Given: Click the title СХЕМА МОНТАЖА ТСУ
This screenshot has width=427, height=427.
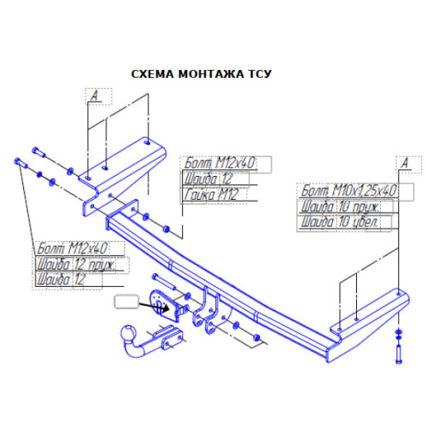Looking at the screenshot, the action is (x=202, y=74).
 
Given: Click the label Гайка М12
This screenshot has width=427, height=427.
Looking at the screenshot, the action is (x=211, y=195).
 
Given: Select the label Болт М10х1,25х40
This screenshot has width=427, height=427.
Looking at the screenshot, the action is (x=348, y=190).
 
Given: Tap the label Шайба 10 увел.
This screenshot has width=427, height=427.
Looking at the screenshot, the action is (x=339, y=222).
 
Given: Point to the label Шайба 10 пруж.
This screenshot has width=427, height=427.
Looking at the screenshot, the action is (x=340, y=206).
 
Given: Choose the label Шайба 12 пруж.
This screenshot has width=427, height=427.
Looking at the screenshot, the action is (x=76, y=264).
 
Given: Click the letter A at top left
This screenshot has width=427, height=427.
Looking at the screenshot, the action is (x=94, y=96).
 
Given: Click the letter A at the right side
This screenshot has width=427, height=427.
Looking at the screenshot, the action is (x=405, y=163).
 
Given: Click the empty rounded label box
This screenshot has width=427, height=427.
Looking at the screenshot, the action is (x=126, y=301).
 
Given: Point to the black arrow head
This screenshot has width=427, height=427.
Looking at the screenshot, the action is (x=166, y=307).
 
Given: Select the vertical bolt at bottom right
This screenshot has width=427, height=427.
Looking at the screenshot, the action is (x=399, y=354).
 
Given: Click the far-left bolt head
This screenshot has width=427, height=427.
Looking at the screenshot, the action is (x=17, y=161).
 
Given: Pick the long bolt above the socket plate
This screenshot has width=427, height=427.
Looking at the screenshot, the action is (x=164, y=282).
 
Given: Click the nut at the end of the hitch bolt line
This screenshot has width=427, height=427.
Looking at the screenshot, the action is (x=256, y=337).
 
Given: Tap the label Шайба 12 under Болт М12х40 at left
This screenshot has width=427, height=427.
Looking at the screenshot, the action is (x=61, y=279).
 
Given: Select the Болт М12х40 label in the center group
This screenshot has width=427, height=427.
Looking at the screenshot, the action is (x=219, y=163).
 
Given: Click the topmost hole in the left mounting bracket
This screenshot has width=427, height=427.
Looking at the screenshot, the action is (x=148, y=142).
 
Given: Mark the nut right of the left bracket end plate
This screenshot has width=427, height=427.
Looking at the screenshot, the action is (x=167, y=229).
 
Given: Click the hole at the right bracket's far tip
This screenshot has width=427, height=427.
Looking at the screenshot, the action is (x=399, y=293).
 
